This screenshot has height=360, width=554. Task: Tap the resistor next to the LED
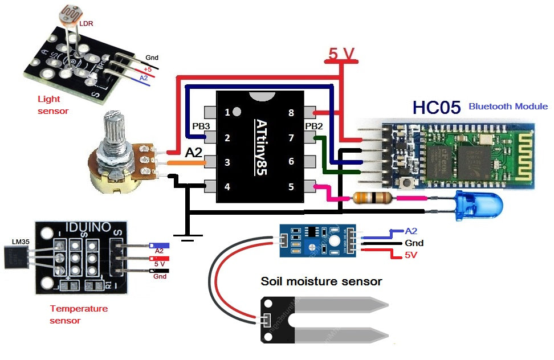pyautogui.click(x=372, y=198)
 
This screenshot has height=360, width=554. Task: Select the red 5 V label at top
pyautogui.click(x=341, y=54)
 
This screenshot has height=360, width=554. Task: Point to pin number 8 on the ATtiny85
pyautogui.click(x=291, y=113)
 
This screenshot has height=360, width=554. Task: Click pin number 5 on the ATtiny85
pyautogui.click(x=291, y=186)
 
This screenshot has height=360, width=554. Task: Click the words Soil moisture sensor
pyautogui.click(x=321, y=281)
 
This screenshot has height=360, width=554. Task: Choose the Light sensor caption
pyautogui.click(x=52, y=105)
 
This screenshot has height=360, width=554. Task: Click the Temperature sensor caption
pyautogui.click(x=78, y=314)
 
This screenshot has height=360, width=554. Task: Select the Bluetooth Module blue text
pyautogui.click(x=507, y=107)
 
